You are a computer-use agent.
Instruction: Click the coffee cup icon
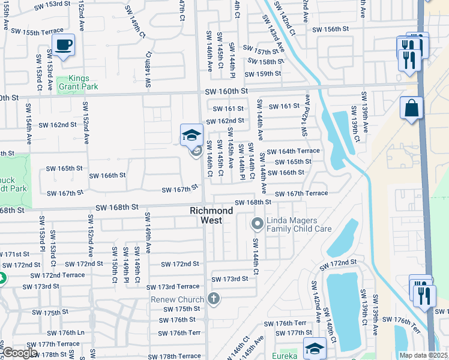coord(63,44)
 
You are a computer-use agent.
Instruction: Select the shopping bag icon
coord(412,109)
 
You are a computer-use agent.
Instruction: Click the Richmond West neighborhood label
coord(211,215)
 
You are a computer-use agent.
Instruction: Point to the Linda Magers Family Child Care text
coord(299,225)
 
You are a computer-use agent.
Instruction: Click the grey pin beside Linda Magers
coord(258,224)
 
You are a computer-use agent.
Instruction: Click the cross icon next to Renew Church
coord(213,298)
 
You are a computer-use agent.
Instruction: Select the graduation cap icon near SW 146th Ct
coord(191,135)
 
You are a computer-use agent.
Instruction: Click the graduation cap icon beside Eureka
coord(315,348)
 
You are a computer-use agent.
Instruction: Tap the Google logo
coord(20,353)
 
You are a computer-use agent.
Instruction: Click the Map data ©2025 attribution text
coord(423,355)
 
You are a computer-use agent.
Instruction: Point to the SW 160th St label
coord(226,91)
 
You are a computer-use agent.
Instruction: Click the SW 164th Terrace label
coord(294,151)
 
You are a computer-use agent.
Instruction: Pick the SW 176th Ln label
coord(63,332)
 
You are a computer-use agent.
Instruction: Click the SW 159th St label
coord(265,74)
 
